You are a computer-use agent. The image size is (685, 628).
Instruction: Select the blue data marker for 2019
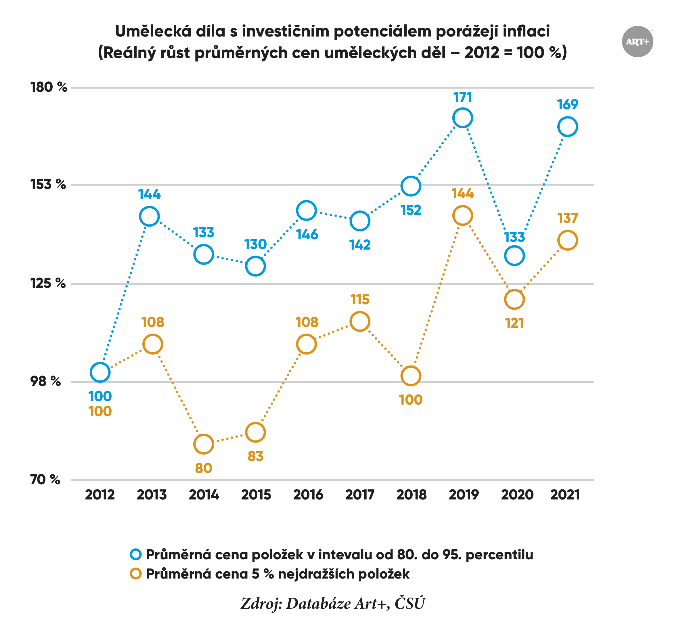(462, 118)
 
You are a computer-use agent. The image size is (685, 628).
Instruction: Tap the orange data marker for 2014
(204, 444)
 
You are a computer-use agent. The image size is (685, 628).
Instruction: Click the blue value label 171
(462, 98)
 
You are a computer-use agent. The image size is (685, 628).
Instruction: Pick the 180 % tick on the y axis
(49, 87)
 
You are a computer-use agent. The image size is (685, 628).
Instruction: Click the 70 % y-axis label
(45, 480)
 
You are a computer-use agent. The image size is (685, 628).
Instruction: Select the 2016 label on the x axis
(308, 495)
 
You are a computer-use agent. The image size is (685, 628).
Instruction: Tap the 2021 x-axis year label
(565, 495)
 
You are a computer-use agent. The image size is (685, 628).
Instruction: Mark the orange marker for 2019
(462, 215)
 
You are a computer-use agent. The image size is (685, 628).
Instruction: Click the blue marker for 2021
(567, 127)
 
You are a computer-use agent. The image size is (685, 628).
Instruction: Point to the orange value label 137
(567, 218)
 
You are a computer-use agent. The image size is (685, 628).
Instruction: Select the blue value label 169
(567, 105)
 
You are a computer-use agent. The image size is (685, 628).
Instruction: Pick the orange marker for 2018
(411, 376)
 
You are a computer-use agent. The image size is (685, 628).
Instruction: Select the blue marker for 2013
(149, 217)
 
